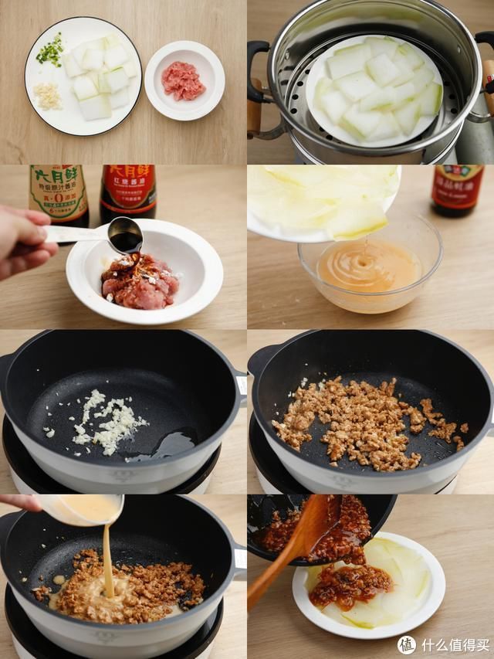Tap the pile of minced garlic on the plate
[48, 96]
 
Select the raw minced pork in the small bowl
[183, 80]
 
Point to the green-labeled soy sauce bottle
[58, 192]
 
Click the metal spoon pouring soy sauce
[123, 234]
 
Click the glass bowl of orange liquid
[370, 270]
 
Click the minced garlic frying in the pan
[108, 421]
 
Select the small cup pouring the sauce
[81, 508]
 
